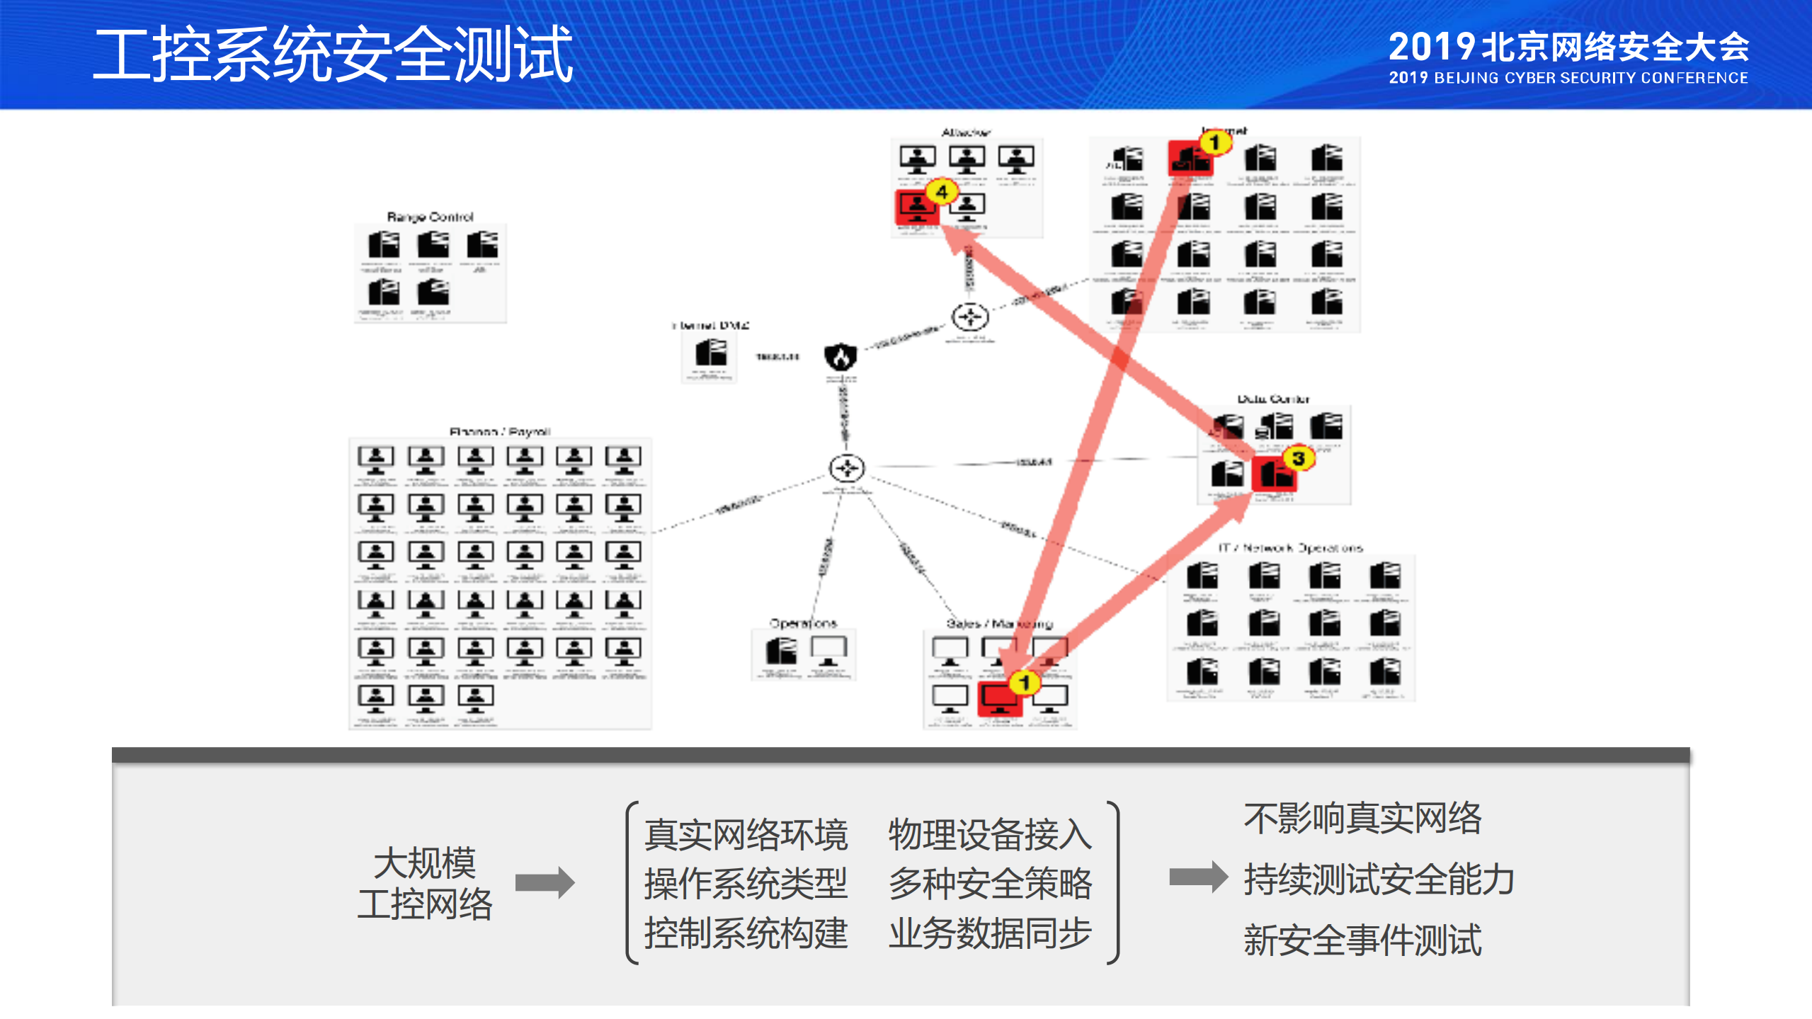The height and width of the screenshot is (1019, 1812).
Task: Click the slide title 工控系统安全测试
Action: (333, 55)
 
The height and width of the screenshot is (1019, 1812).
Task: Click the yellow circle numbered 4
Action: (942, 191)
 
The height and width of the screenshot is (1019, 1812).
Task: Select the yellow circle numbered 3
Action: (1298, 458)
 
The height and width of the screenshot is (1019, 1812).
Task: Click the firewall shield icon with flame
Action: (841, 356)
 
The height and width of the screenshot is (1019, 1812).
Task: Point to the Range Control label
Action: (430, 217)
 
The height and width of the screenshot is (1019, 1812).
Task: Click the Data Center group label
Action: (1273, 399)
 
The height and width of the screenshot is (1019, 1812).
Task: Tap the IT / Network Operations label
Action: (1289, 547)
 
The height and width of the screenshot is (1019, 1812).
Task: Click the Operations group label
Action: (803, 623)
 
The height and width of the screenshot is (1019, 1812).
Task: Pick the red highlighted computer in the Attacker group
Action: (917, 207)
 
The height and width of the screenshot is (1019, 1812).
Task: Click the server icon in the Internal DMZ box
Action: (710, 352)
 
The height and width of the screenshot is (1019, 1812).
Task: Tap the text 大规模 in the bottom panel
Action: (424, 862)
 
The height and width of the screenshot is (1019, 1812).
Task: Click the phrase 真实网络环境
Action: (746, 834)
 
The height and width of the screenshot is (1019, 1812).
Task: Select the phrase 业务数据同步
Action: (990, 933)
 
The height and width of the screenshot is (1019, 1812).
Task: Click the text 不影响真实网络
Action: (1362, 818)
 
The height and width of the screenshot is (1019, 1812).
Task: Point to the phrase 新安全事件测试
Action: (1362, 940)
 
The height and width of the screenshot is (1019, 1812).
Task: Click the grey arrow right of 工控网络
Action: (545, 882)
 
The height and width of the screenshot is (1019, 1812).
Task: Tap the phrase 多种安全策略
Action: (990, 883)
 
